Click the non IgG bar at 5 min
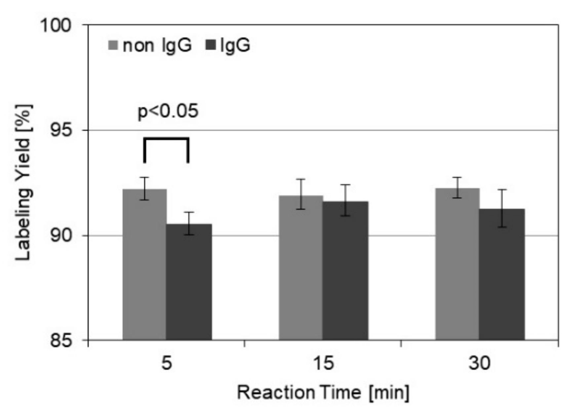point(144,264)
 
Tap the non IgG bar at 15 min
point(301,267)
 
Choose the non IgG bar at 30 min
point(457,264)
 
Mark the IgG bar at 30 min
point(502,274)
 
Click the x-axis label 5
point(167,363)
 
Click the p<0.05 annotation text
point(168,111)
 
